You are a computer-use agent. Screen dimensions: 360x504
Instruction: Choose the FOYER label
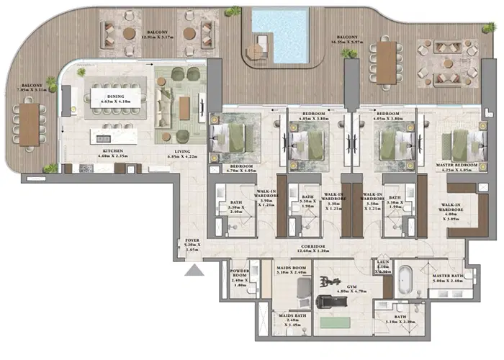[x=192, y=243]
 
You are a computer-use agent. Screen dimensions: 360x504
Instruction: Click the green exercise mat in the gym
[x=333, y=323]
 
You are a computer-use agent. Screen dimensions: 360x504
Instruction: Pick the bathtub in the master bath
[x=406, y=277]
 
